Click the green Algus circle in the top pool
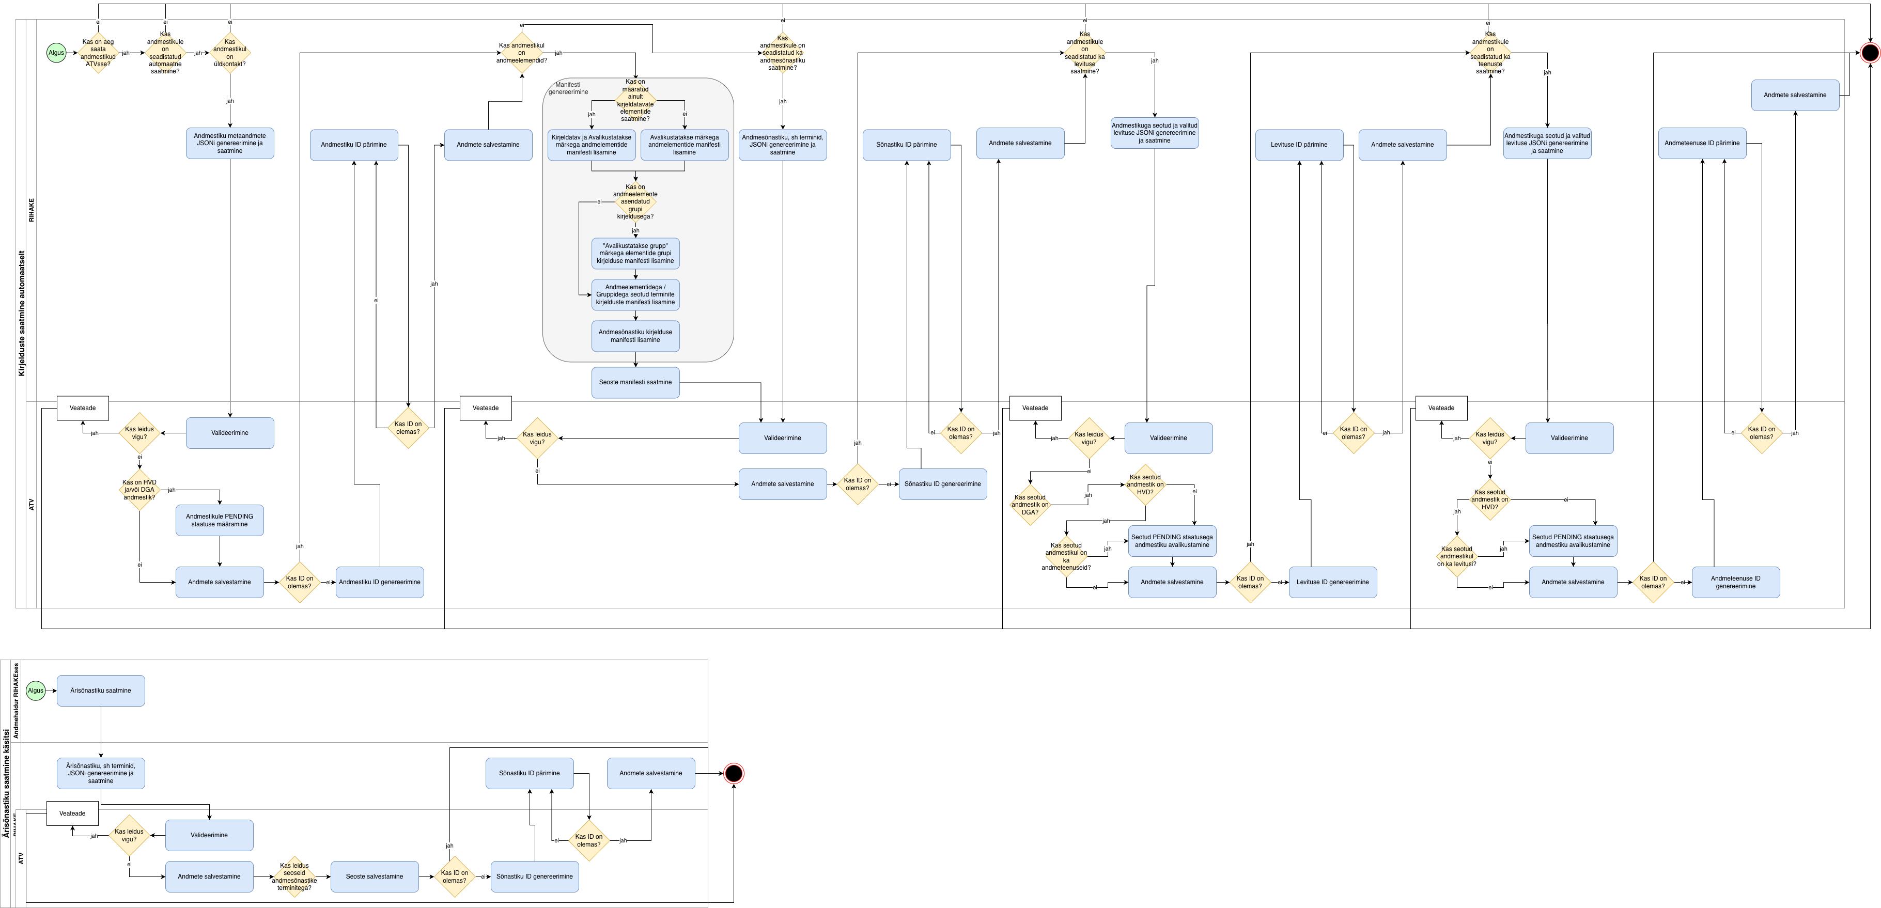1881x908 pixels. click(56, 53)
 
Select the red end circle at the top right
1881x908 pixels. click(1869, 53)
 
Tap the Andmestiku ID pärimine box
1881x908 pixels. click(353, 145)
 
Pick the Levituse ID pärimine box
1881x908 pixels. click(1298, 145)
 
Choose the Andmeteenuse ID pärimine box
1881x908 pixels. click(1701, 143)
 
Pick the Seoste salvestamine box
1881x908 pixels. click(374, 876)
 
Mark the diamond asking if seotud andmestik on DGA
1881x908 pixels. click(1030, 505)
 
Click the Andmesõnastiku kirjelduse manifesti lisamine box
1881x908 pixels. click(635, 336)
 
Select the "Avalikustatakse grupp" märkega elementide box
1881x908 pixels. click(635, 253)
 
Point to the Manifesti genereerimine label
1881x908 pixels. click(568, 88)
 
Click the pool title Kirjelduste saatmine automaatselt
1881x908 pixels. click(21, 314)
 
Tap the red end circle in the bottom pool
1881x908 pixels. click(733, 773)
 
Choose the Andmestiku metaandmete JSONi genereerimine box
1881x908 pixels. click(229, 143)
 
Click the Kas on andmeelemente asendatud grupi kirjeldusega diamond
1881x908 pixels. click(635, 201)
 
